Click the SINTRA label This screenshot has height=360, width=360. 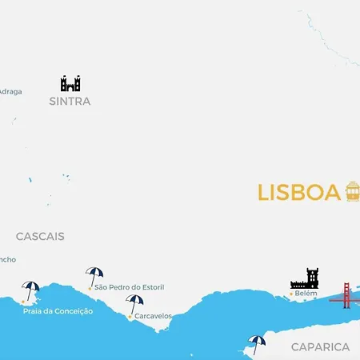point(70,102)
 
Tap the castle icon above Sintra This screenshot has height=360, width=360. point(70,83)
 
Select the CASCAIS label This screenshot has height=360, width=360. point(40,237)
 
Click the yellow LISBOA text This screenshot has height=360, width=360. point(299,193)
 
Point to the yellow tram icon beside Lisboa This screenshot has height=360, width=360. point(352,192)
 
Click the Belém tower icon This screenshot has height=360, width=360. point(305,278)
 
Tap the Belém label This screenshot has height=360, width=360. point(306,294)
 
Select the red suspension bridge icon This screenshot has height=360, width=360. point(346,294)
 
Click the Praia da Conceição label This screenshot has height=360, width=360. point(58,311)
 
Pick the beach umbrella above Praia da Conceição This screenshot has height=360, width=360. point(31,290)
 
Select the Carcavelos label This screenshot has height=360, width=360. point(153,316)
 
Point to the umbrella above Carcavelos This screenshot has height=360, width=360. point(134,304)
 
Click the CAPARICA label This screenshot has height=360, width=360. point(320,347)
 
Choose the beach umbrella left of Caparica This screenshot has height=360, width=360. point(256,344)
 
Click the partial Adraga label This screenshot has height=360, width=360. point(10,91)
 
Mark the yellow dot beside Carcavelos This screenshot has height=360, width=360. point(130,317)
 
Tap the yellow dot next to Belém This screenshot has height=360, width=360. point(290,294)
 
